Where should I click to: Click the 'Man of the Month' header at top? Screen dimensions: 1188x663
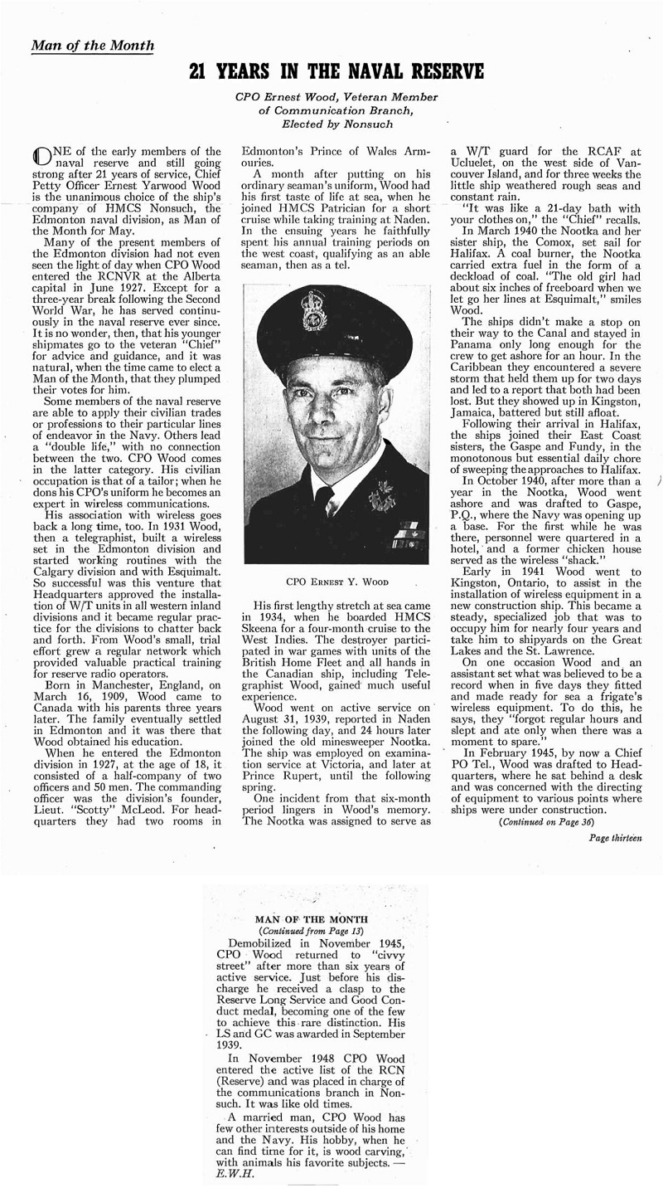(x=92, y=45)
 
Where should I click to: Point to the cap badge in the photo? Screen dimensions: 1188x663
(x=315, y=310)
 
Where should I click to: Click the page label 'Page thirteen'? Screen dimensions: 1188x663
(x=616, y=839)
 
